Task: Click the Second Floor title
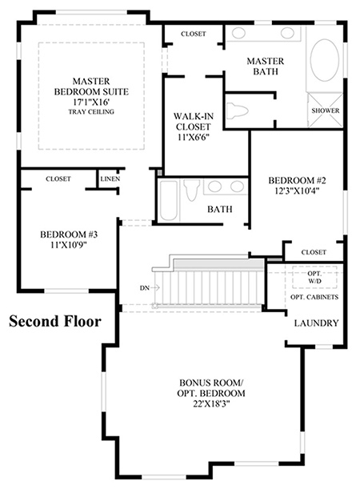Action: pyautogui.click(x=55, y=321)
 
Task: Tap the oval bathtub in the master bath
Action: pyautogui.click(x=325, y=60)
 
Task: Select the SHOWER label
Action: pyautogui.click(x=326, y=110)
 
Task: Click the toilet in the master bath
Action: pyautogui.click(x=237, y=110)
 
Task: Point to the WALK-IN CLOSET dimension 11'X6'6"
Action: pyautogui.click(x=194, y=137)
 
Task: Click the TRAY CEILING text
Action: pyautogui.click(x=91, y=112)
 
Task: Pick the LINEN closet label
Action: pyautogui.click(x=110, y=179)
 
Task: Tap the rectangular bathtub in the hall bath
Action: pyautogui.click(x=168, y=201)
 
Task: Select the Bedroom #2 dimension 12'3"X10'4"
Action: pyautogui.click(x=297, y=190)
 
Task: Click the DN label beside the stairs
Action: pyautogui.click(x=145, y=288)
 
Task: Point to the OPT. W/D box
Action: pyautogui.click(x=314, y=277)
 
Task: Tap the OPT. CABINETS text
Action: pyautogui.click(x=314, y=297)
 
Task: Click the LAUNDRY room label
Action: pyautogui.click(x=316, y=323)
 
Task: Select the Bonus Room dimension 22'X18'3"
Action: pyautogui.click(x=211, y=403)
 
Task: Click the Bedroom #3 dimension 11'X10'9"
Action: pyautogui.click(x=69, y=245)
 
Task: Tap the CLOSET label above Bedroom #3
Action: pyautogui.click(x=58, y=179)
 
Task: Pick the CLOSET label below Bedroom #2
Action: pyautogui.click(x=314, y=252)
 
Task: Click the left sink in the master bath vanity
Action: pyautogui.click(x=238, y=33)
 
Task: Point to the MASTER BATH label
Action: pyautogui.click(x=266, y=66)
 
